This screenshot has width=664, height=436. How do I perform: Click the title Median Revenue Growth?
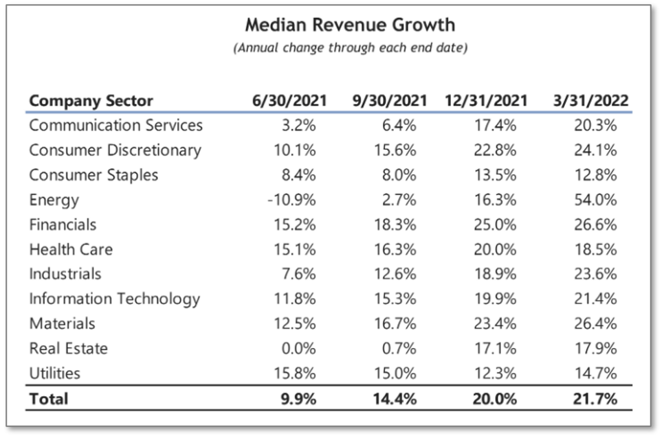pos(350,25)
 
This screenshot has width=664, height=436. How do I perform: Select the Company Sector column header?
pos(91,101)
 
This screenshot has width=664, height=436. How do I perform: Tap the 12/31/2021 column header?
pos(487,101)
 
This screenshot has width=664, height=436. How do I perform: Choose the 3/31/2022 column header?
pos(590,101)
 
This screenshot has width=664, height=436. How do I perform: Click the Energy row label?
pos(54,200)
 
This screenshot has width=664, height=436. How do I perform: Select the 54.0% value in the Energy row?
pos(595,200)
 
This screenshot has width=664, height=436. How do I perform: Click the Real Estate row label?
pos(68,348)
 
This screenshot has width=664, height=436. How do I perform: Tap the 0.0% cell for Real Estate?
pos(299,348)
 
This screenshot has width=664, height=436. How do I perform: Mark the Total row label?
pos(48,398)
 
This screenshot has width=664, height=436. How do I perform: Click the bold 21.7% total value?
pos(595,398)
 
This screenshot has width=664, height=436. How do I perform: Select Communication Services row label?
pos(115,125)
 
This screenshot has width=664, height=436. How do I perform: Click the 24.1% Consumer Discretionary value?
pos(595,150)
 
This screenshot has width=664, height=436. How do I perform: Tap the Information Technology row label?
pos(114,299)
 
